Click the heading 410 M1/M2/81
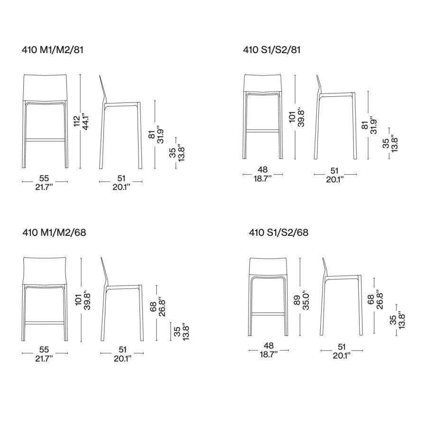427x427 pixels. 53,50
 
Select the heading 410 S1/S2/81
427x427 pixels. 272,50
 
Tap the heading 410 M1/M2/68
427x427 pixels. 54,232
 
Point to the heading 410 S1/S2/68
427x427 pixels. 278,232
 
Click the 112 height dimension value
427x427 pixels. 77,121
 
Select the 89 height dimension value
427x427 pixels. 297,300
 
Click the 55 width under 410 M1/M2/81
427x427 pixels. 44,178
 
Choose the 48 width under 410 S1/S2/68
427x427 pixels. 269,346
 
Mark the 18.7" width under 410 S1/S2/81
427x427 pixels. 263,179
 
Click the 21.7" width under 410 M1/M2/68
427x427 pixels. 44,359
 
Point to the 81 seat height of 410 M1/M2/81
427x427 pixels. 152,134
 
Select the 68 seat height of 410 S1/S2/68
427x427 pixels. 371,300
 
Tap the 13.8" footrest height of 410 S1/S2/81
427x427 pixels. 394,143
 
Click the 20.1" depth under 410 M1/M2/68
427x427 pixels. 122,359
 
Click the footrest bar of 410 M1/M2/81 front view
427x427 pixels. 45,140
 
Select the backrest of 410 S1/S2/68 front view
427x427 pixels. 268,266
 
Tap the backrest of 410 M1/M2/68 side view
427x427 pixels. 104,272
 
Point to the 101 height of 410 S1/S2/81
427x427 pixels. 292,117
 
